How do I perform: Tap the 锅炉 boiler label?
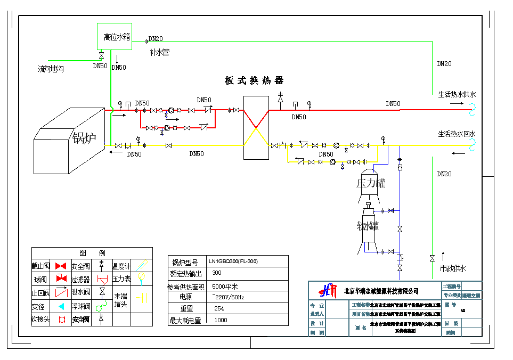point(84,138)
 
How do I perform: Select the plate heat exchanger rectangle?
point(256,127)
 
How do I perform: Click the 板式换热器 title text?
point(254,80)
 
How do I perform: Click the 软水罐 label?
point(368,226)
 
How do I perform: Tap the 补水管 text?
point(159,52)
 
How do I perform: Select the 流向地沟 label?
point(51,69)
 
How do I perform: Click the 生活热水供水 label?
point(457,94)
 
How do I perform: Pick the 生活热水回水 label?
point(457,134)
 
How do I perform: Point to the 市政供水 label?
point(453,268)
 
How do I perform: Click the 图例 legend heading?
point(92,252)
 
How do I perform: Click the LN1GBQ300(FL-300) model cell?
point(233,261)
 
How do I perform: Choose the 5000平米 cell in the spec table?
point(225,287)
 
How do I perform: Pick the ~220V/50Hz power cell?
point(228,296)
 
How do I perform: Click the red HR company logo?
point(328,290)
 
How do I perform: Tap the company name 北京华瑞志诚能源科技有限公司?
point(381,291)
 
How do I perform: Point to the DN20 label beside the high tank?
point(156,39)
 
